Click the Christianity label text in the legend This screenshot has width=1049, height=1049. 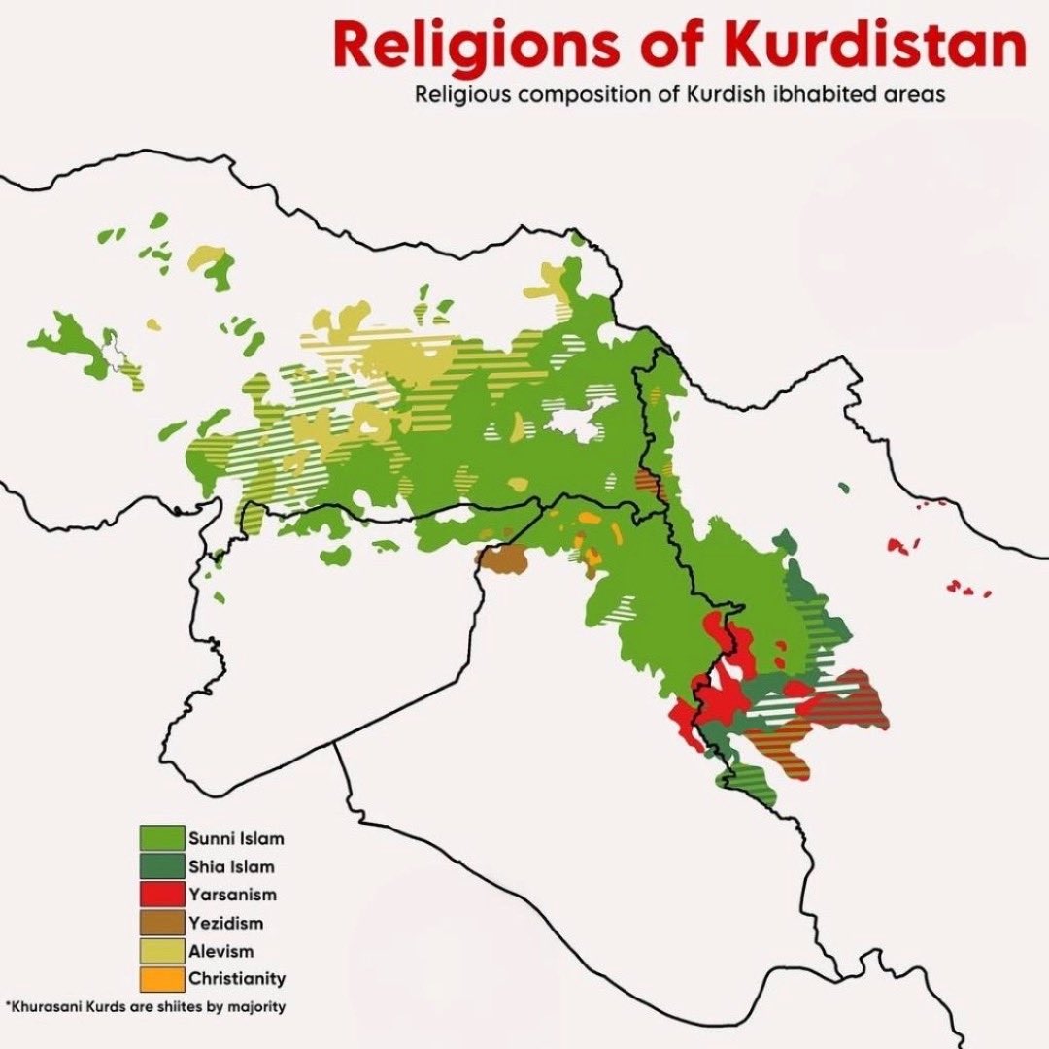coord(237,979)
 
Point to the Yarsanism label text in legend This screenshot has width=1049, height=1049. coord(233,895)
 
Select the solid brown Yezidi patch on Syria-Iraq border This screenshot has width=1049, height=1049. coord(502,559)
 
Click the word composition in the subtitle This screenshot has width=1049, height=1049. coord(547,96)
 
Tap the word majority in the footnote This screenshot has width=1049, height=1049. coord(260,1007)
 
